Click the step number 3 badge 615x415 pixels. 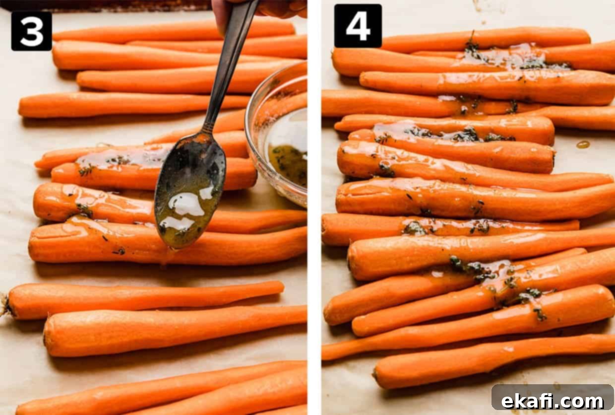point(32,31)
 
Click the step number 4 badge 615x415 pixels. point(358,25)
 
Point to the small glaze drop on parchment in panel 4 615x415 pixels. point(583,144)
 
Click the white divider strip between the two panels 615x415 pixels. point(314,207)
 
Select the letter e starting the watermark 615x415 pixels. point(508,402)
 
